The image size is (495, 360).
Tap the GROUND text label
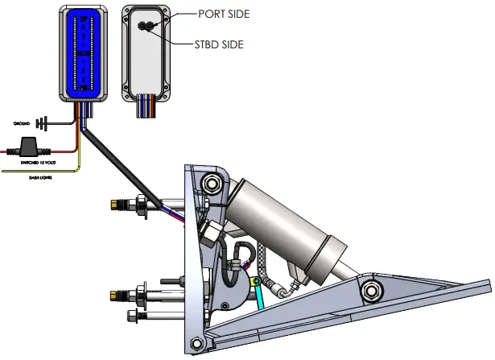22,124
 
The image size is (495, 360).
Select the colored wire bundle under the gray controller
146,106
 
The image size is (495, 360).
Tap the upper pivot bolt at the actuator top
212,185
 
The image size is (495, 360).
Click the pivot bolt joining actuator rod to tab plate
371,290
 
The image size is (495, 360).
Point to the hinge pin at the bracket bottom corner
198,347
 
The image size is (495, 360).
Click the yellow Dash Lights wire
48,171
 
